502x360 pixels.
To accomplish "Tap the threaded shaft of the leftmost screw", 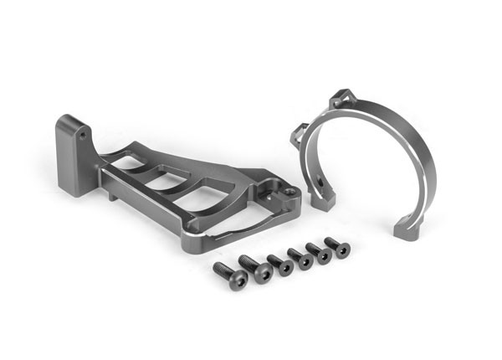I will pos(222,270).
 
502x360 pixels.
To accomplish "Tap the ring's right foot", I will pos(406,224).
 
